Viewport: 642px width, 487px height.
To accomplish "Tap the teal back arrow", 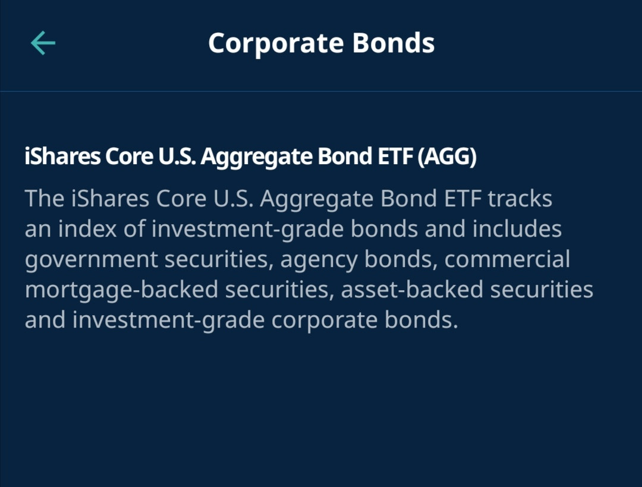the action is click(43, 43).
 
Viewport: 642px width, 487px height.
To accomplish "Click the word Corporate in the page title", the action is click(276, 43).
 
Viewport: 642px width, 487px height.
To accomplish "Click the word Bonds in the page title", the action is click(393, 43).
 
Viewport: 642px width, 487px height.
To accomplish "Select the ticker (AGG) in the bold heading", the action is click(447, 156).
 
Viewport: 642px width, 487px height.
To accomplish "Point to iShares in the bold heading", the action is click(62, 156).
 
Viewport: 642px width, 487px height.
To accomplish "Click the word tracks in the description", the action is click(520, 199).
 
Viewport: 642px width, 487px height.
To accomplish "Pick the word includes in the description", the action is click(517, 228).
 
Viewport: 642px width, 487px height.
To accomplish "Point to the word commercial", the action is click(507, 259).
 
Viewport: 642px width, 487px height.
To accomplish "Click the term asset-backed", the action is click(412, 289).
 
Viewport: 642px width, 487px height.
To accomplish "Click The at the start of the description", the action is click(44, 199).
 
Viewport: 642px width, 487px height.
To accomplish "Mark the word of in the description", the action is click(134, 228).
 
